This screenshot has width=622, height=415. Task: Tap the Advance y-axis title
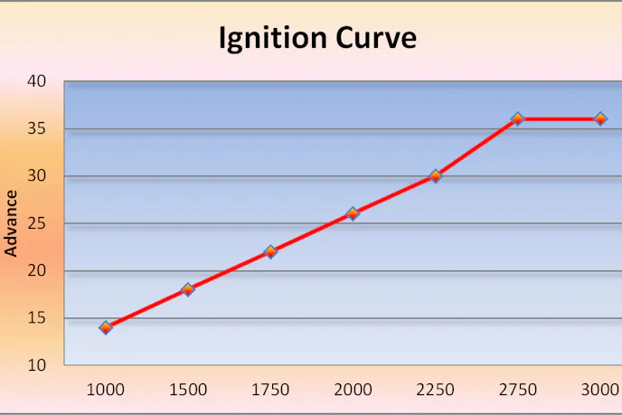pos(12,222)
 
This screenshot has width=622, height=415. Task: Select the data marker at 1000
pos(106,327)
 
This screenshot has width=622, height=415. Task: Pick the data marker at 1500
pos(188,289)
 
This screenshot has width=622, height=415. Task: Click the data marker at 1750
pos(270,251)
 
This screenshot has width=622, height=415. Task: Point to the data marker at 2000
pos(353,213)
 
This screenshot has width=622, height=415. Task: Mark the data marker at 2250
pos(435,176)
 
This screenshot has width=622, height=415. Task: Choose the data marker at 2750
pos(518,118)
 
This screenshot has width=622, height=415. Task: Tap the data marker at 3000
pos(600,118)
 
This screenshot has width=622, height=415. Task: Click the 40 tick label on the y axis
pos(37,81)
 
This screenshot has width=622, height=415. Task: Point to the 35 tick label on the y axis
pos(37,128)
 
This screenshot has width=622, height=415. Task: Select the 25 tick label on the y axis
pos(37,223)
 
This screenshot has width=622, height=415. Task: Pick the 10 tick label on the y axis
pos(37,365)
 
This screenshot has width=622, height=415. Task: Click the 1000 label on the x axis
pos(106,390)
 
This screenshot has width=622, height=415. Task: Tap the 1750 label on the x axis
pos(270,390)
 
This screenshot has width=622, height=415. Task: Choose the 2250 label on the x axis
pos(435,390)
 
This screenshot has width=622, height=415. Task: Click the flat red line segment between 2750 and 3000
pos(559,118)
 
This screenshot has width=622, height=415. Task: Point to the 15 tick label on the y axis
pos(37,318)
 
